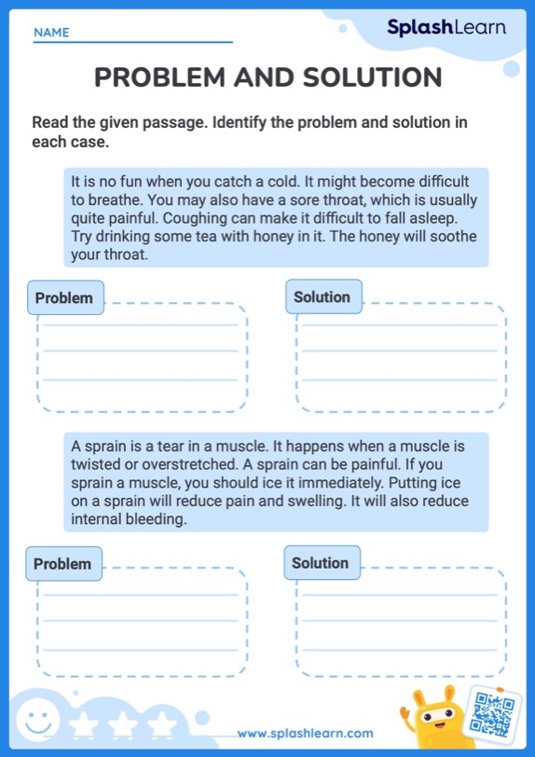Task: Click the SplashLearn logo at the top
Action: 446,28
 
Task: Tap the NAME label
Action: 51,33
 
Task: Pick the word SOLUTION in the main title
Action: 367,77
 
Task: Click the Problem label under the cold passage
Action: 64,298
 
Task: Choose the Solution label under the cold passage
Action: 322,297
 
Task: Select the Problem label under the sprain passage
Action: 62,564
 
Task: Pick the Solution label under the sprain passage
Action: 320,563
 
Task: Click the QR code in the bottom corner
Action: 494,713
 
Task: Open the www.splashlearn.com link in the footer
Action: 305,734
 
